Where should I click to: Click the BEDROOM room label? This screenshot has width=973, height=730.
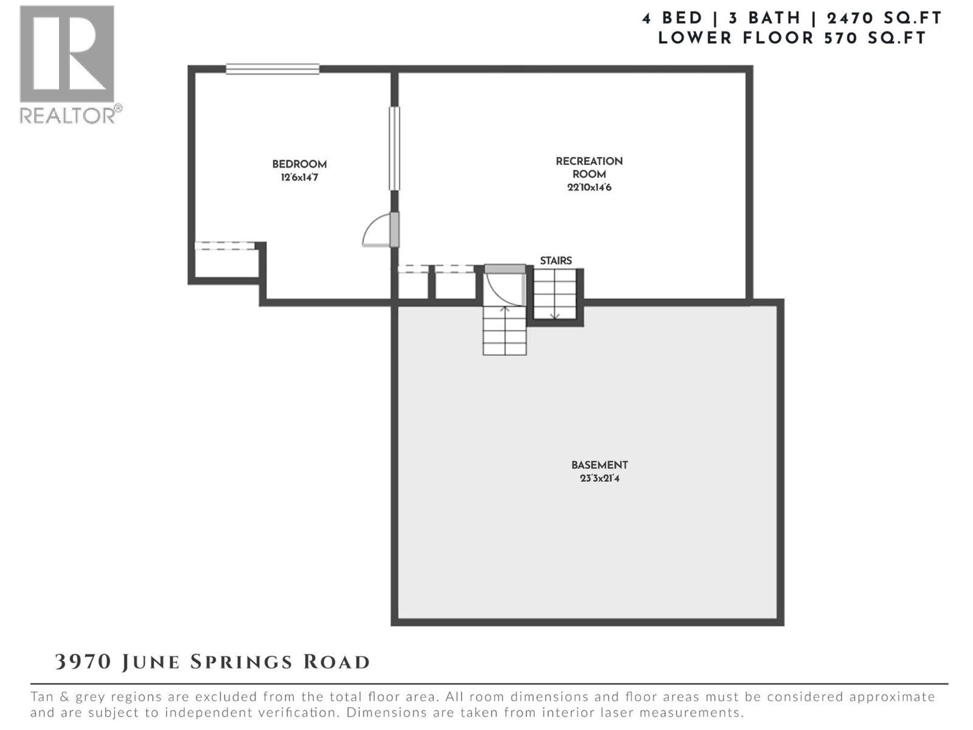point(299,164)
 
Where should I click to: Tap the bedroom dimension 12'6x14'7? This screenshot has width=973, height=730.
point(299,178)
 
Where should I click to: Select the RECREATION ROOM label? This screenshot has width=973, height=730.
point(589,167)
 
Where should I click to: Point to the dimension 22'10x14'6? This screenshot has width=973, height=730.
point(589,187)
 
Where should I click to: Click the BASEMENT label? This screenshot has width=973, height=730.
point(599,465)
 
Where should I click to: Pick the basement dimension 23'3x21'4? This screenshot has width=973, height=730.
point(599,478)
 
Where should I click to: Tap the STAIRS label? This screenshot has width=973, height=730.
point(555,260)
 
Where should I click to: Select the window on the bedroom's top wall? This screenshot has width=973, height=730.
point(272,69)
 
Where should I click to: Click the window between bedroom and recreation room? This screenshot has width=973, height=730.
point(395,148)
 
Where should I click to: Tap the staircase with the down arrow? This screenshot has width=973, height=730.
point(555,294)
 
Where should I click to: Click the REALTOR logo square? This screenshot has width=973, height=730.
point(67,54)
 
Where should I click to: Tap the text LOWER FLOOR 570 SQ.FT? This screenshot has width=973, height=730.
point(791,38)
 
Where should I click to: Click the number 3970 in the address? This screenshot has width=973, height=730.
point(83,662)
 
